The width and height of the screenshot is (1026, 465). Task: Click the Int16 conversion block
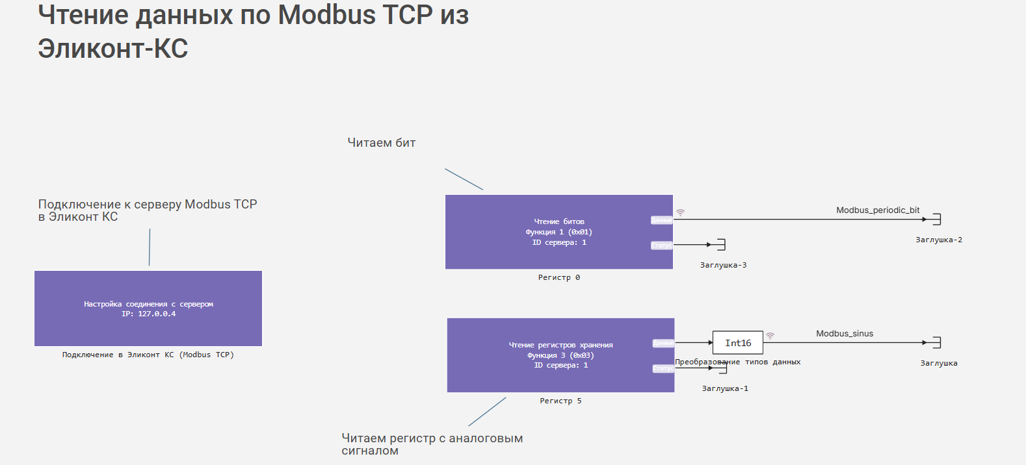[x=738, y=343]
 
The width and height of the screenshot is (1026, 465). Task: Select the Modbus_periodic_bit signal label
[x=878, y=210]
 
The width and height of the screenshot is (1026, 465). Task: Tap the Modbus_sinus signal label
[x=845, y=334]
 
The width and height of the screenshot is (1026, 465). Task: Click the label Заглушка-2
[x=939, y=240]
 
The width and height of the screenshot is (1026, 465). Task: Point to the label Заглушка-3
[x=723, y=266]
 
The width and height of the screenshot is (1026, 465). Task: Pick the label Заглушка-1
[x=725, y=389]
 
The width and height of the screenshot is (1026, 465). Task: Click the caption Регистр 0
[x=559, y=278]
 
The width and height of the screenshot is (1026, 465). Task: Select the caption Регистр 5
[x=560, y=401]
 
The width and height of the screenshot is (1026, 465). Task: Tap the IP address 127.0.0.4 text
[x=157, y=314]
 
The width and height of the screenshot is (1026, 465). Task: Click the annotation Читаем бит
[x=382, y=143]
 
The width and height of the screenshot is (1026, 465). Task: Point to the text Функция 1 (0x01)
[x=559, y=232]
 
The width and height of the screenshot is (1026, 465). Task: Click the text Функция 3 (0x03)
[x=560, y=355]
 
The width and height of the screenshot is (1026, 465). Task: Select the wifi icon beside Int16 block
[x=770, y=336]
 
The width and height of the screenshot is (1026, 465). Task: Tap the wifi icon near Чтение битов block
[x=681, y=212]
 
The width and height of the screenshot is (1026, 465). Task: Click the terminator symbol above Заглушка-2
[x=937, y=219]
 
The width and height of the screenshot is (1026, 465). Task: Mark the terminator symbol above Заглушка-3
[x=721, y=245]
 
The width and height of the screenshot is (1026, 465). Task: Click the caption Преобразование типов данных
[x=738, y=362]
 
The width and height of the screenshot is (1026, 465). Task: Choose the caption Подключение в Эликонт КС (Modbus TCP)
[x=148, y=355]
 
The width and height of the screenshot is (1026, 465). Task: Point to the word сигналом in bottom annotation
[x=370, y=451]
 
